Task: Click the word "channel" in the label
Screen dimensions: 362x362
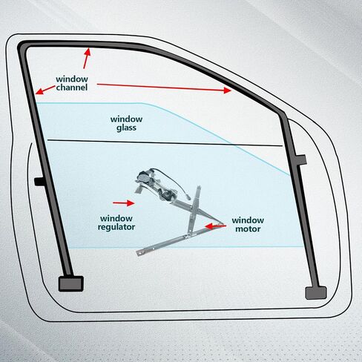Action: click(72, 88)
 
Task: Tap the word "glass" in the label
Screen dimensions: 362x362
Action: click(126, 128)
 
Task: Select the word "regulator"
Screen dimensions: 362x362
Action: click(116, 227)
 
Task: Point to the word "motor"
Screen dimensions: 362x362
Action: click(248, 229)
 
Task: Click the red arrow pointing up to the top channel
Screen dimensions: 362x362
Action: click(87, 59)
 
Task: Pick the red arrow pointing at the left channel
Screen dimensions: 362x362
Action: click(45, 90)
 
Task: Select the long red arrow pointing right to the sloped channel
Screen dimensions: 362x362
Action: click(164, 88)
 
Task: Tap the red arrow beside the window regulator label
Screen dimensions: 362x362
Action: click(124, 203)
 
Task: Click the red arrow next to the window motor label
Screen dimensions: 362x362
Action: click(215, 226)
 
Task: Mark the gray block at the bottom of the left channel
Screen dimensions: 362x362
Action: click(70, 283)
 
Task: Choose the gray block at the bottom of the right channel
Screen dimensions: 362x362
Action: click(316, 293)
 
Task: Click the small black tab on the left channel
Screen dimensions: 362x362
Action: click(39, 182)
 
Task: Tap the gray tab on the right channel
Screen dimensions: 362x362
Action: click(301, 159)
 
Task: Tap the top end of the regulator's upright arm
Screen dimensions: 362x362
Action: click(198, 187)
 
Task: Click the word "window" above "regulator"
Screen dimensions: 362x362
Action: click(116, 219)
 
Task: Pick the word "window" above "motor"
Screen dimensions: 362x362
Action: click(248, 220)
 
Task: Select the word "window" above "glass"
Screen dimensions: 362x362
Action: click(126, 119)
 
